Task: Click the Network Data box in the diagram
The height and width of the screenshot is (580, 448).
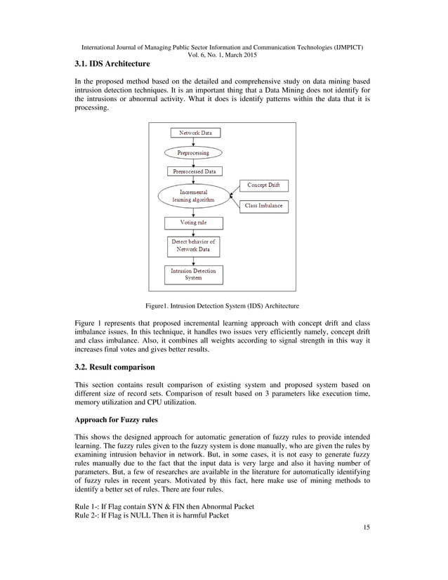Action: (194, 133)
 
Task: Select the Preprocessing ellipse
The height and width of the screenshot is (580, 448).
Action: (192, 152)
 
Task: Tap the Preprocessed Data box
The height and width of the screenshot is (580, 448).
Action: (194, 171)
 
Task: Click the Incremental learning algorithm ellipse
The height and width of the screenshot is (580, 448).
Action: (192, 196)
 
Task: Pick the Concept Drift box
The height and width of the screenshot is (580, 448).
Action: (264, 185)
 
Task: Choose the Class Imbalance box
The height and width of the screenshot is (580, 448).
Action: (264, 206)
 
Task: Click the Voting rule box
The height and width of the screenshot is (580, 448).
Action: (194, 223)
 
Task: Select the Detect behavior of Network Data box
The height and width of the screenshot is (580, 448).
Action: (194, 246)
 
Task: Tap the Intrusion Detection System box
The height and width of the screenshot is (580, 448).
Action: (194, 274)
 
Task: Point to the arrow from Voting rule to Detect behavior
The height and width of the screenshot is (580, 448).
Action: (194, 233)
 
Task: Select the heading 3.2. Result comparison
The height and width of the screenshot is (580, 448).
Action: (114, 367)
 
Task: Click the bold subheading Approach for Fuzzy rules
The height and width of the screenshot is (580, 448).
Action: (116, 421)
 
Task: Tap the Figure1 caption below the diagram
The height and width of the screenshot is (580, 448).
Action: (222, 306)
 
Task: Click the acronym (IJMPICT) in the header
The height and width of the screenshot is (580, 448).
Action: (348, 46)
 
